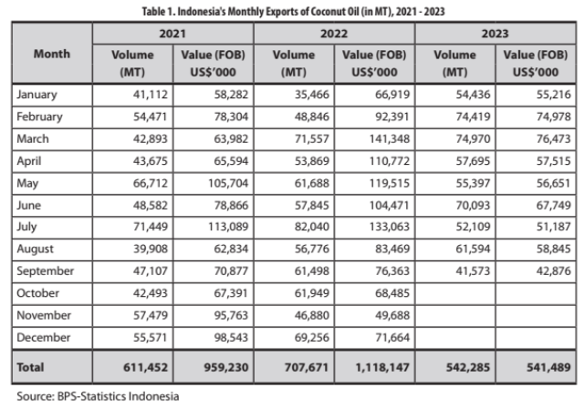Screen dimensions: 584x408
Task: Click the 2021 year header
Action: point(172,34)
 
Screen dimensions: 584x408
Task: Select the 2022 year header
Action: point(334,34)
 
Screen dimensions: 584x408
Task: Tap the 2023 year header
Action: point(495,34)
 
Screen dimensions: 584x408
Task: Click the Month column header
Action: point(52,54)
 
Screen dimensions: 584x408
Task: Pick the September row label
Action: point(45,271)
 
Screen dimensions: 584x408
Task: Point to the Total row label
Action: point(30,367)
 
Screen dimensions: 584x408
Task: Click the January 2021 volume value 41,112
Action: point(151,95)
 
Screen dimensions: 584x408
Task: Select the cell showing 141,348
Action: point(390,139)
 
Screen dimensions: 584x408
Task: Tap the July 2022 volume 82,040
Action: point(312,227)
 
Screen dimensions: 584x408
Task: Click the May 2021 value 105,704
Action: point(228,183)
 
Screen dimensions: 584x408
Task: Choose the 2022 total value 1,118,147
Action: point(382,368)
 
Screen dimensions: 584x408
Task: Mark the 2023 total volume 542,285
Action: point(468,368)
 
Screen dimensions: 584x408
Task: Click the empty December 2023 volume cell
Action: point(455,338)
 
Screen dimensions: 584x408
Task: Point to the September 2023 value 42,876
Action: point(554,270)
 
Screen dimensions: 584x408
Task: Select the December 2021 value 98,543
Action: point(231,337)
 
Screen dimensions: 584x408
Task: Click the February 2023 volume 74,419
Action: point(473,117)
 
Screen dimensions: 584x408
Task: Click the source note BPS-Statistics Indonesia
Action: point(118,396)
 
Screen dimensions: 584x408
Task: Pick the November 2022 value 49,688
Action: point(392,315)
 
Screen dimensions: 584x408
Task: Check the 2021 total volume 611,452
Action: point(146,368)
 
